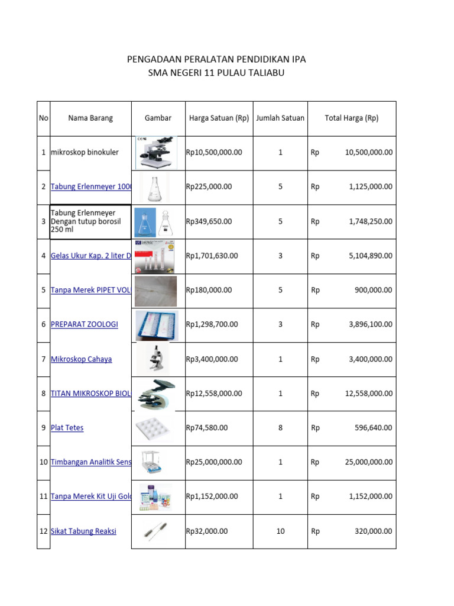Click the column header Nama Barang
point(90,118)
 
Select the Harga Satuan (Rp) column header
point(219,118)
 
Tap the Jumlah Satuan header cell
point(280,118)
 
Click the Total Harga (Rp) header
point(351,118)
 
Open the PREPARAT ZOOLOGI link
point(85,324)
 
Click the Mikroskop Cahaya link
point(81,359)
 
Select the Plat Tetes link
point(67,428)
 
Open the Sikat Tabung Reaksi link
point(83,531)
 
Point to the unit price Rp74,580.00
point(207,428)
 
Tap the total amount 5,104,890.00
point(368,256)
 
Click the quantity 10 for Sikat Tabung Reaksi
point(280,531)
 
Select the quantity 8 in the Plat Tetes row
point(280,428)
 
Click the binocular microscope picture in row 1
point(157,153)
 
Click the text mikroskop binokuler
point(85,152)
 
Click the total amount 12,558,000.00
point(368,394)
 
